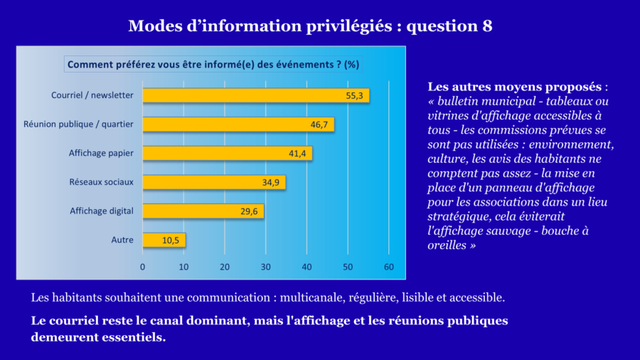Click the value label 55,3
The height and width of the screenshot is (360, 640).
(355, 95)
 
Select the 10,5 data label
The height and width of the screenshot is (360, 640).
(171, 240)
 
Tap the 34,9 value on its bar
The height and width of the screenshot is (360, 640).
(271, 183)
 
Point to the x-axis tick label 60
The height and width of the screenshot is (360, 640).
(388, 267)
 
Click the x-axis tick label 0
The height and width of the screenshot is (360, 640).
(143, 267)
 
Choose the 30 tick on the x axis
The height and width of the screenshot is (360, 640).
(266, 267)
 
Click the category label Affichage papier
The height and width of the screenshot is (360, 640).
(101, 153)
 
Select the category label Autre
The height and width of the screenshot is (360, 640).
(122, 240)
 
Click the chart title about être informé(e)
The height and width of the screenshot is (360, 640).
(213, 64)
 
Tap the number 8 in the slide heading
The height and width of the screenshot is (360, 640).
(486, 26)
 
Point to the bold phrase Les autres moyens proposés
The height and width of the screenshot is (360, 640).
(515, 87)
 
